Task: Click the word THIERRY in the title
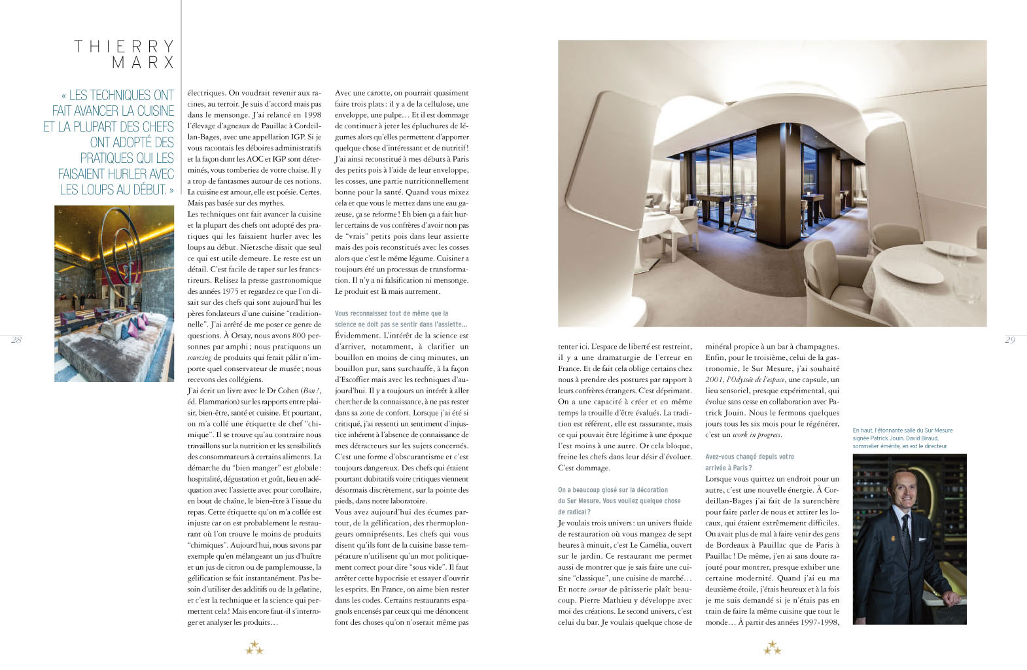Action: click(124, 46)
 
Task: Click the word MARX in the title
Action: click(143, 63)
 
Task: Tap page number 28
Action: click(16, 340)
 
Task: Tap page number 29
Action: click(1010, 340)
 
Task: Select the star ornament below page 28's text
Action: click(254, 648)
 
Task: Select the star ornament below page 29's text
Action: click(772, 648)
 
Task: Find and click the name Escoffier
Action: click(358, 379)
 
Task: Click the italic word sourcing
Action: click(200, 357)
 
